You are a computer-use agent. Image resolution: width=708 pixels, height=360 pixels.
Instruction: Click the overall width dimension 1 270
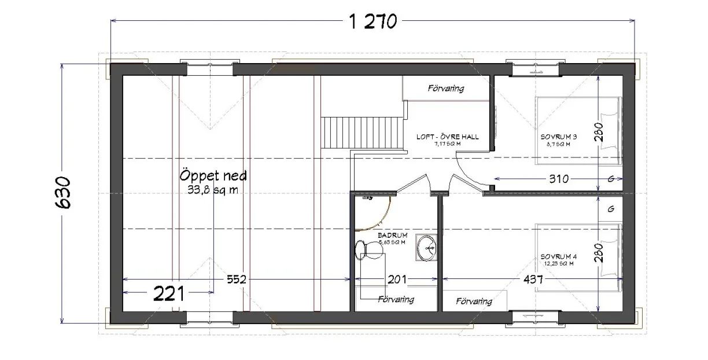[373, 21]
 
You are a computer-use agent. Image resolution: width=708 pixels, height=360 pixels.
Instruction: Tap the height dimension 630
[64, 193]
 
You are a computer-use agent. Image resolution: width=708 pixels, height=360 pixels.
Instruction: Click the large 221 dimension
[169, 294]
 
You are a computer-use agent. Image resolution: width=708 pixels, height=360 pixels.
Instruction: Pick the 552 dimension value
[237, 279]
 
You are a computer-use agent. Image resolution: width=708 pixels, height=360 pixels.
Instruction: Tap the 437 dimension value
[533, 279]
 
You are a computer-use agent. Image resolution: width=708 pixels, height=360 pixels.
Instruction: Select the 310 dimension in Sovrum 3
[559, 178]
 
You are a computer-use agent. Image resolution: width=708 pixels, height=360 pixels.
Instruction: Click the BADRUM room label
[393, 236]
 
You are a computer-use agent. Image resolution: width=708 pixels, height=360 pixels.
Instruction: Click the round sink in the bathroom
[427, 248]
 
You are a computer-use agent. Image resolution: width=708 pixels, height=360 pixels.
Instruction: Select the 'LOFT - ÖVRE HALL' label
[447, 137]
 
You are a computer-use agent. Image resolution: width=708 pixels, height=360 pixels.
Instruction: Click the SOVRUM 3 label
[559, 137]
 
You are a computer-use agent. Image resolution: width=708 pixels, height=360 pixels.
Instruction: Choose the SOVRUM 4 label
[559, 256]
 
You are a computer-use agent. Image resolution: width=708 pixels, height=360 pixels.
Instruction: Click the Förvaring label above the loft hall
[446, 89]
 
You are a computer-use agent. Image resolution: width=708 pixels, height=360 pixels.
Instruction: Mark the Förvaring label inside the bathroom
[396, 299]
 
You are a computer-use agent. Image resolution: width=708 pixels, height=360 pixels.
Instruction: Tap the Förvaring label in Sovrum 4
[474, 301]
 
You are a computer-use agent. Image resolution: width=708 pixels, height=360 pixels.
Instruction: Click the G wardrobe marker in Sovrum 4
[611, 209]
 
